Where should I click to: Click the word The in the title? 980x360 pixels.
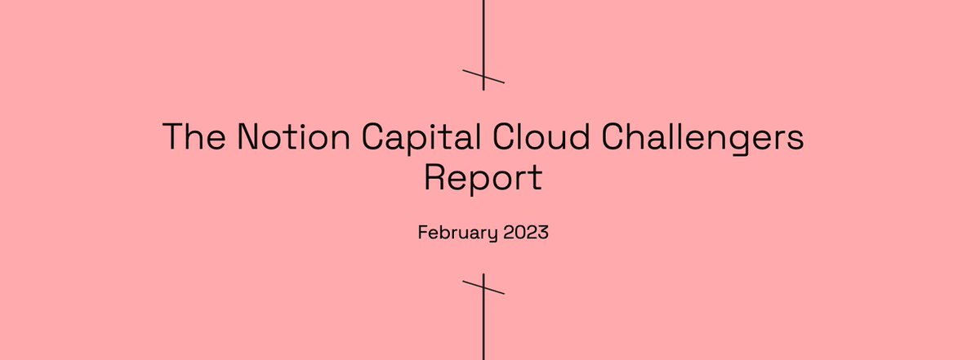(x=194, y=136)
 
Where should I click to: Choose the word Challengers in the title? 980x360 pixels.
(x=703, y=137)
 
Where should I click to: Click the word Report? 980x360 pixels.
(x=482, y=178)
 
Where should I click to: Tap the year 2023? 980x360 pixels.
(x=526, y=232)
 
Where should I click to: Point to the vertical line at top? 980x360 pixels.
(x=483, y=33)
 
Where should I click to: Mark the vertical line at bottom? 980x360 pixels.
(x=483, y=335)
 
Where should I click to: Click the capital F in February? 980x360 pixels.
(x=422, y=232)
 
